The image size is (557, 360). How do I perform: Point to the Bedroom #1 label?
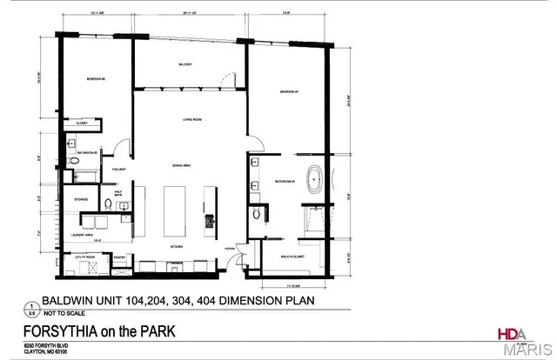tap(290, 91)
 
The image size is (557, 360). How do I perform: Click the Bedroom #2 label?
tap(97, 79)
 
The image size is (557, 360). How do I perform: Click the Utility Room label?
tap(84, 257)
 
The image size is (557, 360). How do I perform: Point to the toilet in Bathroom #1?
tap(254, 212)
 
